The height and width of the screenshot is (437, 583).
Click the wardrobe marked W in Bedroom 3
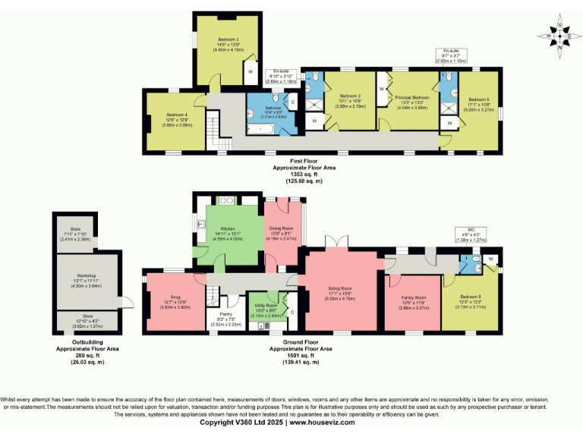(x=250, y=73)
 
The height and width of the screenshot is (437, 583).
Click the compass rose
(x=558, y=35)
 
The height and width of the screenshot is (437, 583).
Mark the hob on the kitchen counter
(x=225, y=202)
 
